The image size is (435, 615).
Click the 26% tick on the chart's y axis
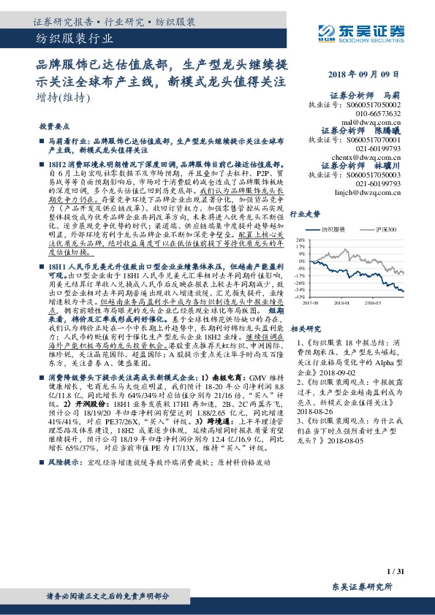click(x=300, y=240)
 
